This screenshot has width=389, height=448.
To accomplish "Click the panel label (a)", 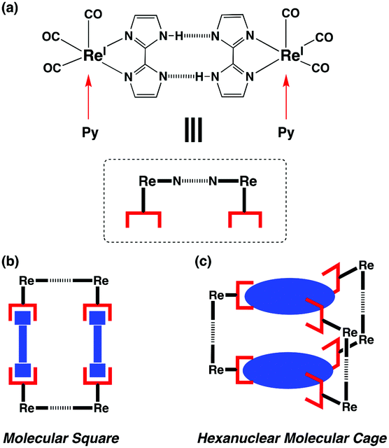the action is click(x=9, y=8).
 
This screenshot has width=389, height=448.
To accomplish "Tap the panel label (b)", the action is click(x=10, y=262).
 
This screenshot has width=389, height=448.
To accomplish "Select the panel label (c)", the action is click(x=203, y=262).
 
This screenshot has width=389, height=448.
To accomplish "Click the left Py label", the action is click(x=90, y=133).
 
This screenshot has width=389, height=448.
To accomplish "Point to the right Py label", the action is click(x=286, y=133).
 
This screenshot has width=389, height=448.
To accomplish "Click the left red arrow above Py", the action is click(x=89, y=97).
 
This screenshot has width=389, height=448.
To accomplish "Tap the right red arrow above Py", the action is click(x=286, y=97).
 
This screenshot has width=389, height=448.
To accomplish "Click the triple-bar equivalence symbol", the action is click(x=194, y=130).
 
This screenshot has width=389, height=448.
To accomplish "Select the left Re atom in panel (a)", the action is click(x=92, y=55).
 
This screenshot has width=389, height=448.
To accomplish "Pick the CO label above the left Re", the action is click(x=93, y=14).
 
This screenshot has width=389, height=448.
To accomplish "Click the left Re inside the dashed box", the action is click(x=148, y=181).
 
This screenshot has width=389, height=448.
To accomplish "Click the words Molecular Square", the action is click(x=61, y=438).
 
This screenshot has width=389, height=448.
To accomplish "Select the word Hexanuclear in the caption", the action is click(x=239, y=438).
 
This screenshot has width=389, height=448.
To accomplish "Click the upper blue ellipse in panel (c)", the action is click(x=290, y=296).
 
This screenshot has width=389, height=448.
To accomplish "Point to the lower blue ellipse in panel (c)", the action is click(x=288, y=370).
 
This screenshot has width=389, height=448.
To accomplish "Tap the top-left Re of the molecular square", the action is click(x=27, y=281).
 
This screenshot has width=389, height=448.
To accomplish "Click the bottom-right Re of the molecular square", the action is click(x=101, y=407).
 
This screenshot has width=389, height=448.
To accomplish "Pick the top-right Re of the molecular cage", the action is click(x=366, y=265).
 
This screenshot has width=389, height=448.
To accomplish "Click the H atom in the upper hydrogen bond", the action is click(x=179, y=36).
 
